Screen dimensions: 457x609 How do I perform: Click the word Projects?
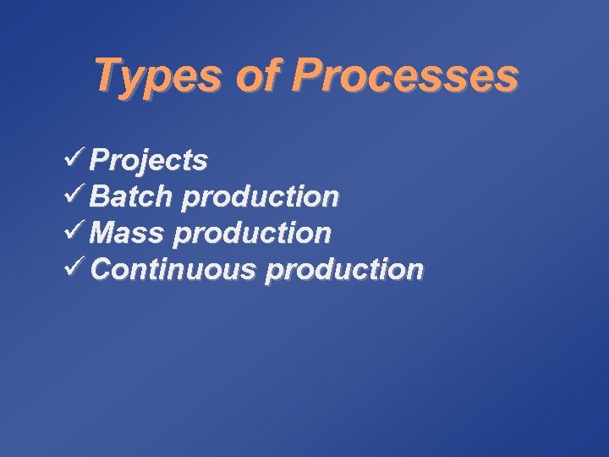(150, 160)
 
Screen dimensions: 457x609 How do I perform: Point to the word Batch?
(131, 196)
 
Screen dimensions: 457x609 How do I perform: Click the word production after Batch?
(261, 198)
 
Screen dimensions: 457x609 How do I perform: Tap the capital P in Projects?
(101, 159)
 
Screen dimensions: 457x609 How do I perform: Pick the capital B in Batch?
(101, 196)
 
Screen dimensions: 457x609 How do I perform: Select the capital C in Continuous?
(101, 269)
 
